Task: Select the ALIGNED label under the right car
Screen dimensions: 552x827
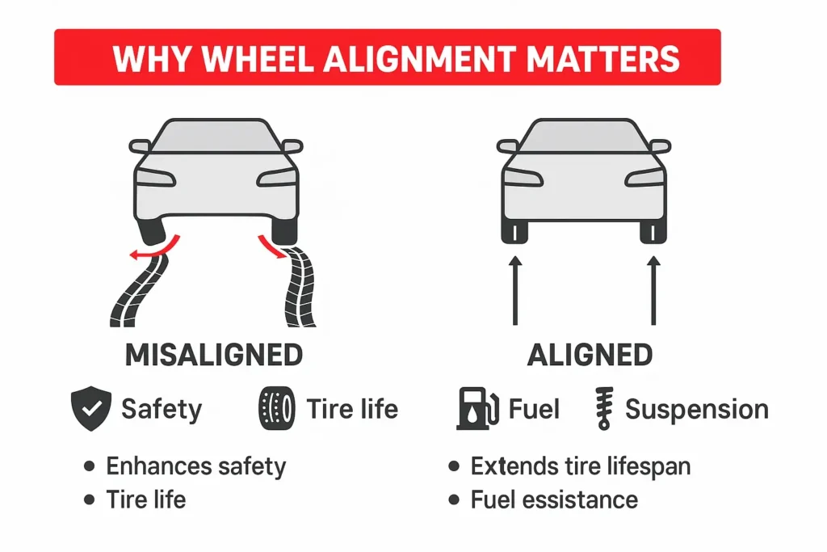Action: [590, 355]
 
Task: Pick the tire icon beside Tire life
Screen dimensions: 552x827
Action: [275, 409]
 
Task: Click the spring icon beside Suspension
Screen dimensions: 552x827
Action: [602, 409]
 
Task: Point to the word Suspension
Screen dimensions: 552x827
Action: [696, 410]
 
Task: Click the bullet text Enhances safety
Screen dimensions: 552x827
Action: [195, 466]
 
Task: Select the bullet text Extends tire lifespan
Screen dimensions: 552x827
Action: [581, 466]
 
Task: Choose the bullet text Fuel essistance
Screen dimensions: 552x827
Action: [554, 499]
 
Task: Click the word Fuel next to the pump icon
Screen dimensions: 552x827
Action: [534, 409]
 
